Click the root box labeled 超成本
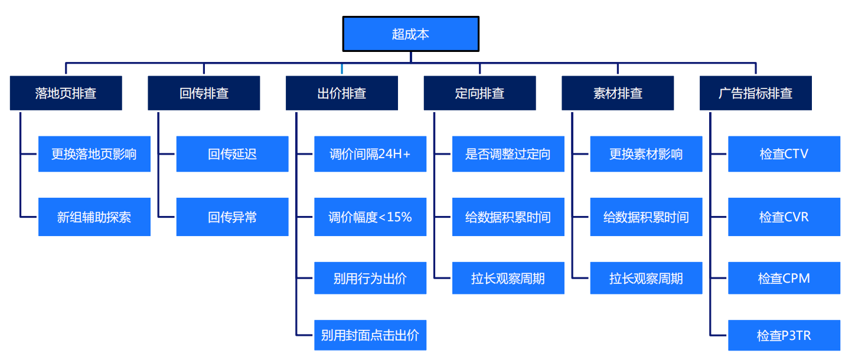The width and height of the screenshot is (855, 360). coord(410,34)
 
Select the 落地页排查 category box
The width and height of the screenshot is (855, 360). coord(66,93)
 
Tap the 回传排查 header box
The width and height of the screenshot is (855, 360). coord(204,93)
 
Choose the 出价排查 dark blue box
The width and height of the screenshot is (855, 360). coord(342,93)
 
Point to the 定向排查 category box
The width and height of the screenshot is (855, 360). coord(479,93)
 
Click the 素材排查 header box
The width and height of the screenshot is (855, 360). coord(618,93)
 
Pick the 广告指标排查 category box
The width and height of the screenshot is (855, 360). coord(755,93)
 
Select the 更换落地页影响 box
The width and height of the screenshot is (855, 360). coord(94,154)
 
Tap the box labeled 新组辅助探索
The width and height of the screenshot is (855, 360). coord(94,217)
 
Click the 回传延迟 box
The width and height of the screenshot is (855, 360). coord(232,154)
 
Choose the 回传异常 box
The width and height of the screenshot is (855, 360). coord(232,217)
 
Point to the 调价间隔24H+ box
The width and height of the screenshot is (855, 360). coord(370,154)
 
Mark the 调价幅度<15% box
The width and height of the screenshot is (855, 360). coord(370,217)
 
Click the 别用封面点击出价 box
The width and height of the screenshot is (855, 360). coord(370,335)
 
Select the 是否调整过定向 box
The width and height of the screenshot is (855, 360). coord(508,154)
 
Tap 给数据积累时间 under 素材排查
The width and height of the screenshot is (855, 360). coord(646,217)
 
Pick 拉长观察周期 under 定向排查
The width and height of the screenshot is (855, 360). coord(508,278)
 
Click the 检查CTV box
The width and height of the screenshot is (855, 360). coord(784,154)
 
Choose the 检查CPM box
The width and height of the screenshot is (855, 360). coord(784,278)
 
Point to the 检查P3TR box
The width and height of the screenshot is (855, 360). coord(784,335)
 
